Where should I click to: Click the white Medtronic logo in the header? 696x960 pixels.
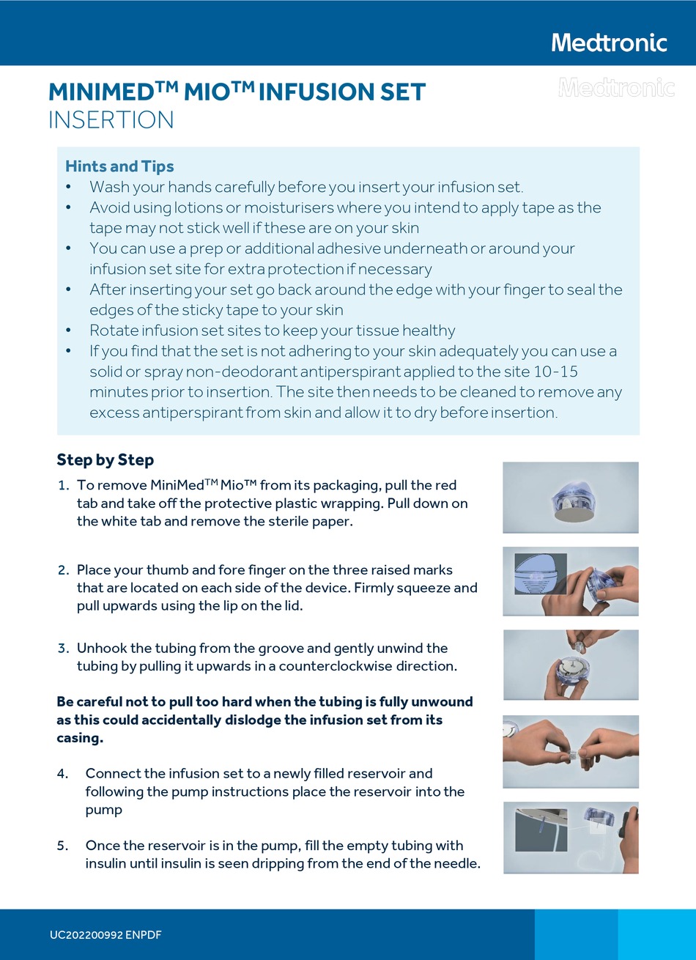pos(609,43)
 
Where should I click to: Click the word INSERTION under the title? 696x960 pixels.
pos(111,119)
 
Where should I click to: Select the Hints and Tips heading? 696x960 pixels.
pos(119,166)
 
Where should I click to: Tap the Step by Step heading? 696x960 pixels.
pos(105,460)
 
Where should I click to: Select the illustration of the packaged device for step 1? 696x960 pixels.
pos(570,497)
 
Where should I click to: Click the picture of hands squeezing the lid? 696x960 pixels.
pos(570,581)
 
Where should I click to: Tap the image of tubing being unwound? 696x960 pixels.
pos(570,665)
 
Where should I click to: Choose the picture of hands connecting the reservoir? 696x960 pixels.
pos(570,751)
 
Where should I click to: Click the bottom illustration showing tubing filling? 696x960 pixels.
pos(570,837)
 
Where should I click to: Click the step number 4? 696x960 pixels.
pos(62,773)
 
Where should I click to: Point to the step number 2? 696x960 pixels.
pos(63,569)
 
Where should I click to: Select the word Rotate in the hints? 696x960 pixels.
pos(111,331)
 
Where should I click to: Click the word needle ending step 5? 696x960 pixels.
pos(456,863)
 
